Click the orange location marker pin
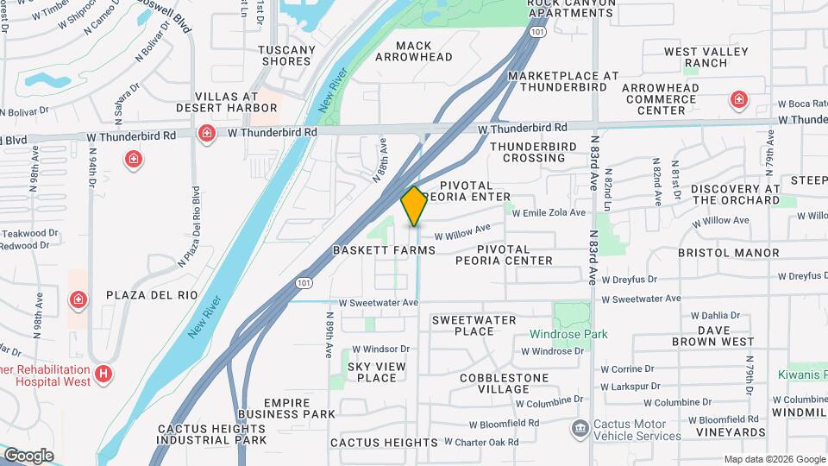[x=414, y=205]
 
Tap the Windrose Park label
[x=568, y=334]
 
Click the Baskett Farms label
[x=384, y=250]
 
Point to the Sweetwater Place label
[x=474, y=325]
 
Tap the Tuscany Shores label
[x=286, y=55]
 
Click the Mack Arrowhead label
[x=412, y=51]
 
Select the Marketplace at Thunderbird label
[x=562, y=81]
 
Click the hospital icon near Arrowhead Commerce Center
[x=738, y=100]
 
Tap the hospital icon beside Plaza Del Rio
[x=78, y=299]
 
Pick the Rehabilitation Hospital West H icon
[x=103, y=374]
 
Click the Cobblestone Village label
[x=504, y=383]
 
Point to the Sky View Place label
[x=376, y=372]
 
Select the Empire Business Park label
[x=286, y=408]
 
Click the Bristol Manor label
[x=728, y=253]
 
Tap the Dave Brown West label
[x=713, y=336]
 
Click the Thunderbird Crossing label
[x=528, y=152]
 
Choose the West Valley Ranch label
[x=706, y=57]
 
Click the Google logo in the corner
[x=28, y=456]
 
